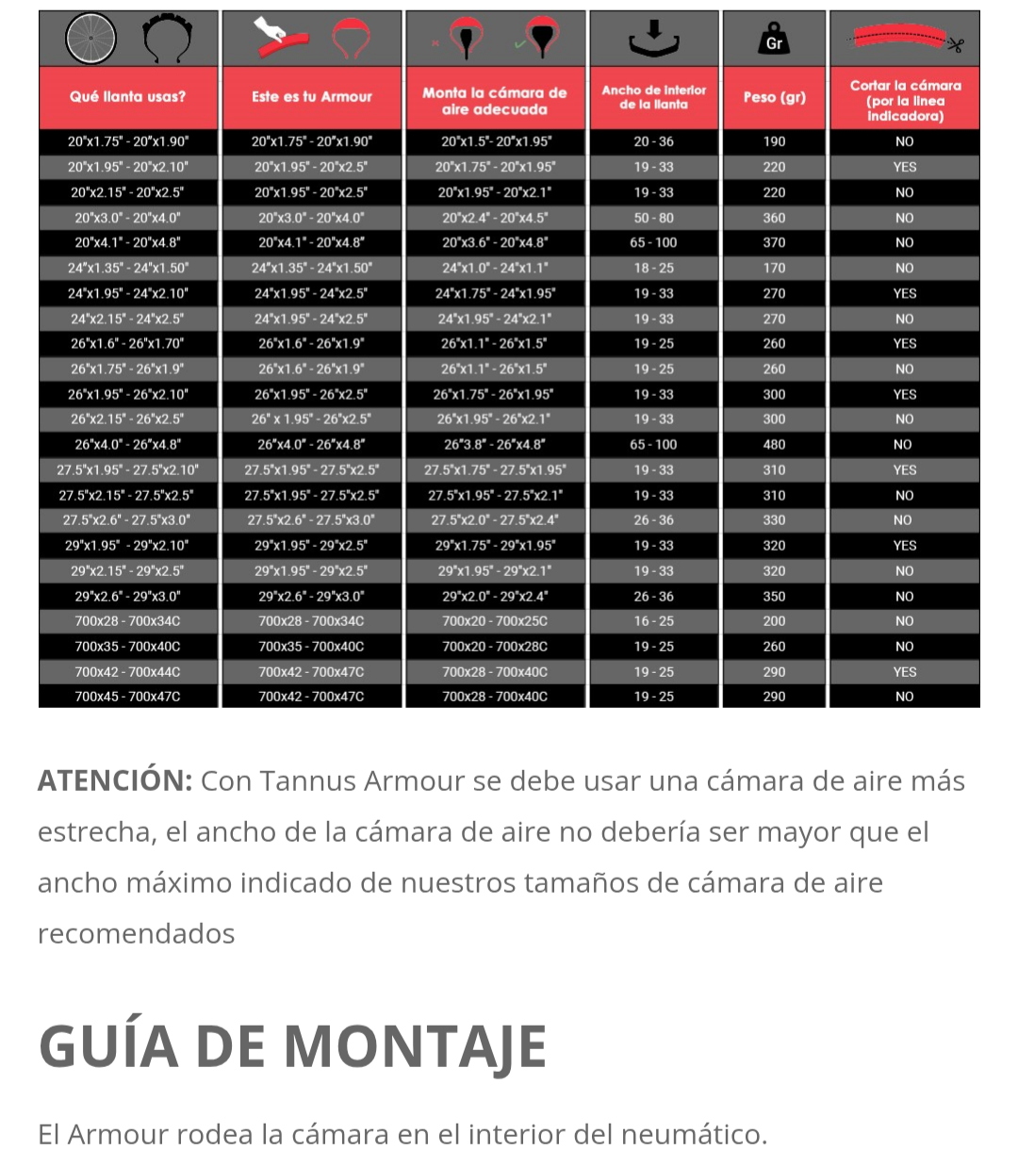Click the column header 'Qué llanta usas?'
point(128,97)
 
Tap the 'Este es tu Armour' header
point(312,97)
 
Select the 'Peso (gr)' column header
point(774,97)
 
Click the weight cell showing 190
point(774,141)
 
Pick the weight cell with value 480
point(774,444)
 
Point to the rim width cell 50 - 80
point(653,218)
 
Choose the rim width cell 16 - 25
point(653,621)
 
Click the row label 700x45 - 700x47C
point(128,697)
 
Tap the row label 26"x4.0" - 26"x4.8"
point(128,444)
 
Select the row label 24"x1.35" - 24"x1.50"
point(128,268)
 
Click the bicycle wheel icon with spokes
point(91,39)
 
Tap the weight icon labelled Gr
point(774,40)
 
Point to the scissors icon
point(956,44)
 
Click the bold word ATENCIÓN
point(115,781)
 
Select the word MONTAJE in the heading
point(415,1047)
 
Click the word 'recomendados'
point(137,934)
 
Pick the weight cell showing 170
point(774,268)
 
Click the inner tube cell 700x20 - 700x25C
point(495,621)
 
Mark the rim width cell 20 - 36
point(653,141)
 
